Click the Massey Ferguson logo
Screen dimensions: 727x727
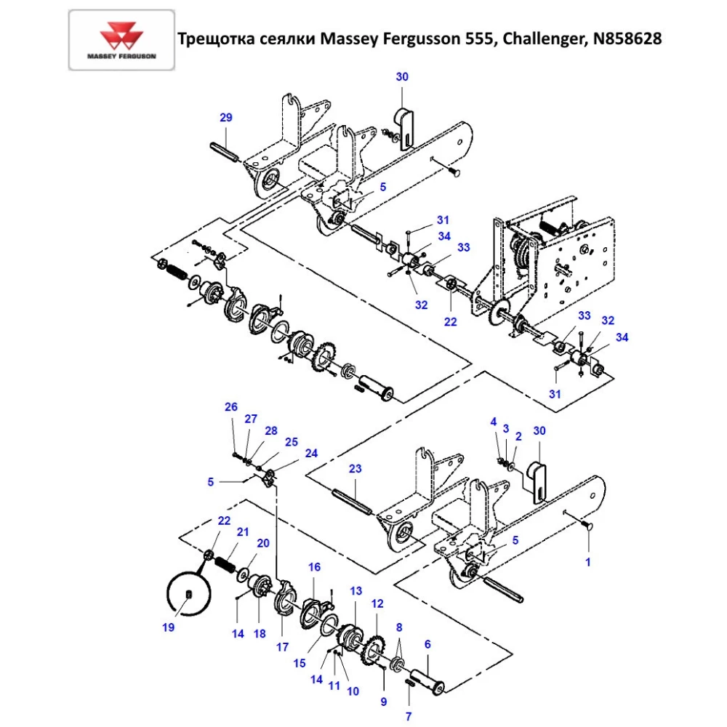coord(121,39)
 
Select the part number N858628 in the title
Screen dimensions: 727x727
coord(627,39)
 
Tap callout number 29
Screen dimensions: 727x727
coord(225,118)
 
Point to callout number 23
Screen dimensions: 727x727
coord(355,469)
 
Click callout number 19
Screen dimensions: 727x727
coord(169,627)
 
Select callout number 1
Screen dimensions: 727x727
coord(588,562)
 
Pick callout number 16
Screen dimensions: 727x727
coord(314,567)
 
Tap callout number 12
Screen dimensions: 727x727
coord(377,603)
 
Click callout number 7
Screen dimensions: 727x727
coord(408,716)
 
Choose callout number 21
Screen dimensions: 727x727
coord(243,531)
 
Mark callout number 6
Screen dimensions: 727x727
coord(427,643)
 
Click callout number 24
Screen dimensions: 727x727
coord(311,453)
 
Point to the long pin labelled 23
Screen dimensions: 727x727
coord(353,502)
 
